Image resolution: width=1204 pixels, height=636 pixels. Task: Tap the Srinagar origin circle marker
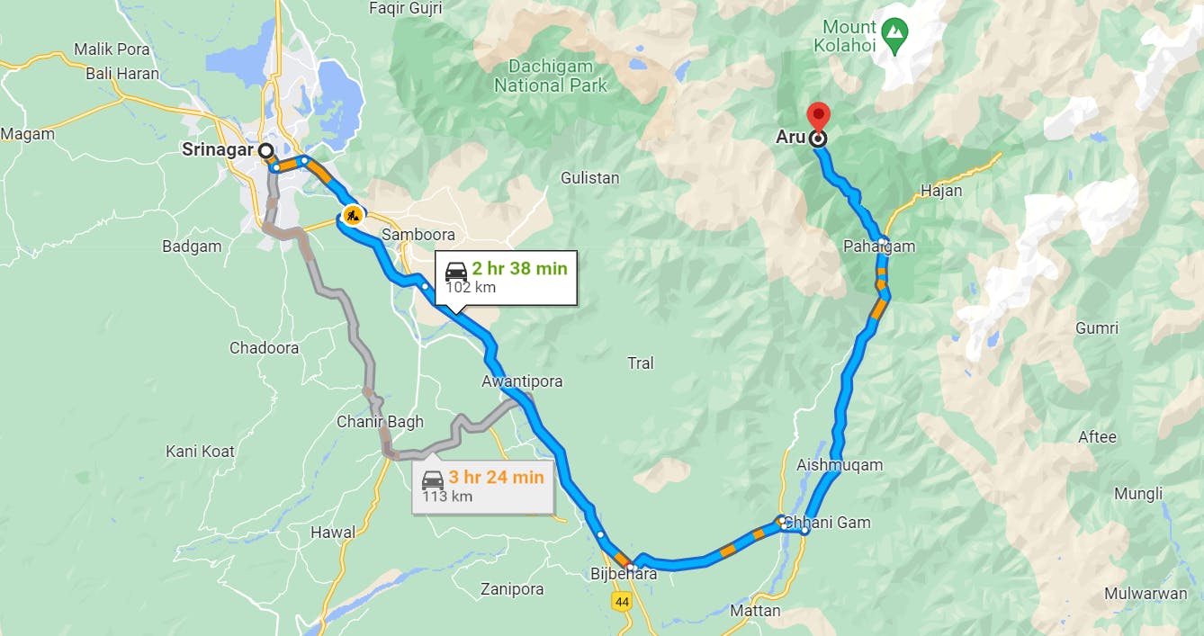(266, 150)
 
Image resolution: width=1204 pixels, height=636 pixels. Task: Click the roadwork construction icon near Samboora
(352, 215)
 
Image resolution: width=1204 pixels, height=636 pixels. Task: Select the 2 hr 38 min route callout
(506, 277)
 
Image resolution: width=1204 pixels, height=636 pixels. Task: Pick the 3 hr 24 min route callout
(483, 486)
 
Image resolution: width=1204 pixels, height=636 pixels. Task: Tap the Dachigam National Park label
(551, 76)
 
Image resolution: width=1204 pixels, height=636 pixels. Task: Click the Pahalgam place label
(878, 246)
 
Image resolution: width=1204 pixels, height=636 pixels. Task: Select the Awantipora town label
(522, 381)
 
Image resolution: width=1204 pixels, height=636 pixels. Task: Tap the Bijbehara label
(624, 574)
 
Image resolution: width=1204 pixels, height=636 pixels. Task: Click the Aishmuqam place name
(840, 465)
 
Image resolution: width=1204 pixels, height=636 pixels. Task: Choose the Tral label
(640, 363)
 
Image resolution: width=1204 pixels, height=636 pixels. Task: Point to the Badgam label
(192, 246)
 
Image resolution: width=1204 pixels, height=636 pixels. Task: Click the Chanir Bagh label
(380, 421)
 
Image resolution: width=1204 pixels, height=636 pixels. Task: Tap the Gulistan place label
(589, 178)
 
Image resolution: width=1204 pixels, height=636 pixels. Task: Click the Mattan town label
(755, 611)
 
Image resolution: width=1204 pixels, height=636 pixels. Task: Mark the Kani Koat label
(200, 451)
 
